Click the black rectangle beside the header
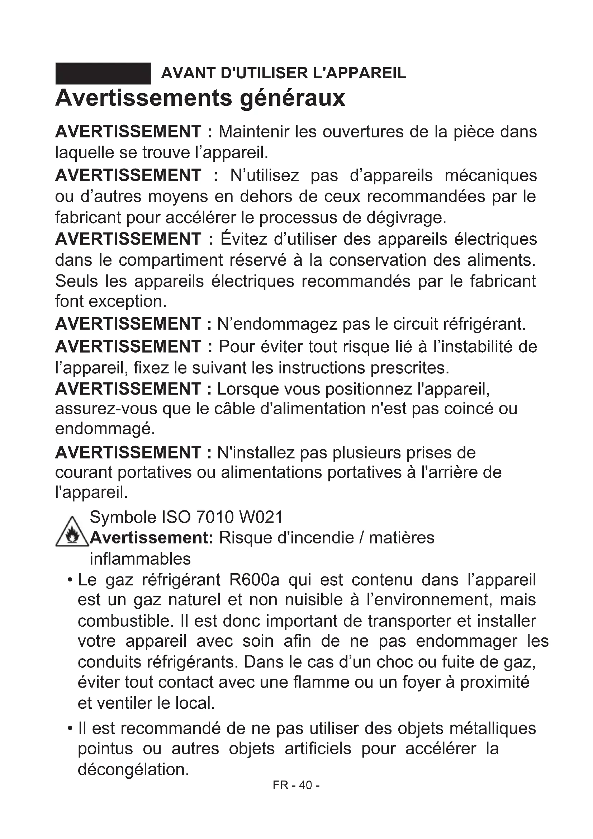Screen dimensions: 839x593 pos(103,74)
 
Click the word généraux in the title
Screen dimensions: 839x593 pos(293,99)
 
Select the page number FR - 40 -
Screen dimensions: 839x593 pos(296,785)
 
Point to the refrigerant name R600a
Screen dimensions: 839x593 pos(254,580)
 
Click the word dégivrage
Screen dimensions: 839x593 pos(407,218)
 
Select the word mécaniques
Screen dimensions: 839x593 pos(491,175)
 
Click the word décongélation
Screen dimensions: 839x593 pos(134,769)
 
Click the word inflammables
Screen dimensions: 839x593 pos(140,559)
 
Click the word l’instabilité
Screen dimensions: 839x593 pos(473,347)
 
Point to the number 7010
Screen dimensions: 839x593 pos(214,517)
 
